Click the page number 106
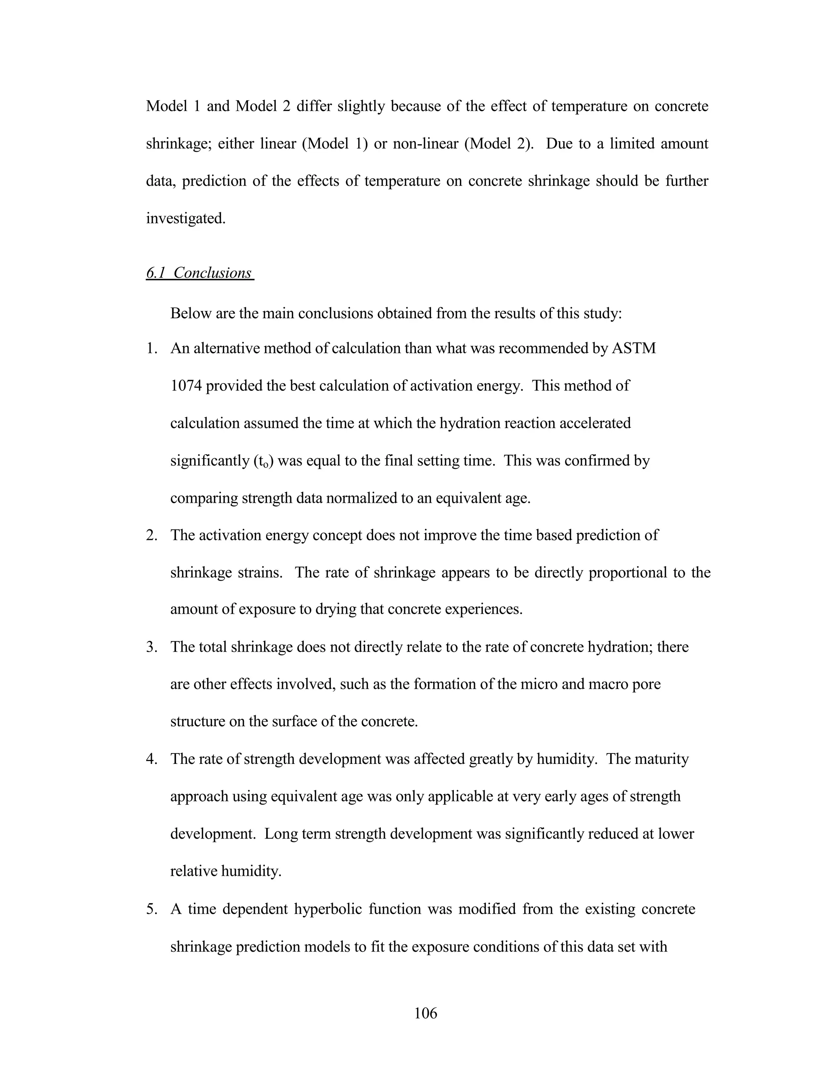click(x=425, y=1013)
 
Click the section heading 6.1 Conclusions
click(x=199, y=273)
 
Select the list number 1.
click(x=151, y=348)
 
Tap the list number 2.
click(x=151, y=535)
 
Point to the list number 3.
click(x=151, y=647)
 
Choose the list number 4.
click(x=151, y=759)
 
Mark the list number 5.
click(x=151, y=909)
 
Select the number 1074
click(x=186, y=386)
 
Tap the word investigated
click(x=186, y=218)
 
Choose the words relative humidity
click(x=225, y=872)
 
